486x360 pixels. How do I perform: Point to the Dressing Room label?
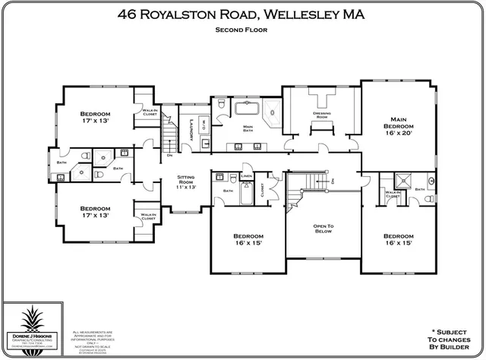[320, 115]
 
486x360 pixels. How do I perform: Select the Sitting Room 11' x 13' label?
[186, 183]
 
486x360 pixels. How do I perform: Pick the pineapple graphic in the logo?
[35, 317]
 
